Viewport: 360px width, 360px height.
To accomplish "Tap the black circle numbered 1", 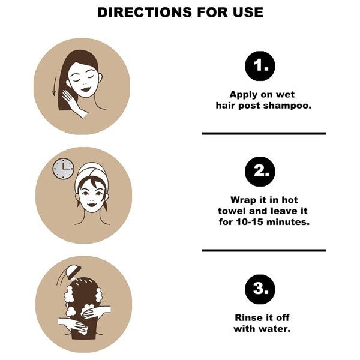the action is (x=260, y=66).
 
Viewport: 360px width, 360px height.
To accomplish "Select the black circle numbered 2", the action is (x=260, y=172).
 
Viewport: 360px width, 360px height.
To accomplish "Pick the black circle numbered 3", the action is (x=260, y=289).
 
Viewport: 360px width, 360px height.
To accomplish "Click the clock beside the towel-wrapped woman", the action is (x=64, y=169).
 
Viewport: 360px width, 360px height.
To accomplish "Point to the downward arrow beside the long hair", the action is (x=55, y=86).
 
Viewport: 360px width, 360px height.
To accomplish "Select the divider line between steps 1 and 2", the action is (x=264, y=133).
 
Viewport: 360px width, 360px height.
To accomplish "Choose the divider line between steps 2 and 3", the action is (x=264, y=250).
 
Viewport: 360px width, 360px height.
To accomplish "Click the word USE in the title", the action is (x=248, y=12).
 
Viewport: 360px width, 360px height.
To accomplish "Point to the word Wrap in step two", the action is (x=243, y=200).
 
